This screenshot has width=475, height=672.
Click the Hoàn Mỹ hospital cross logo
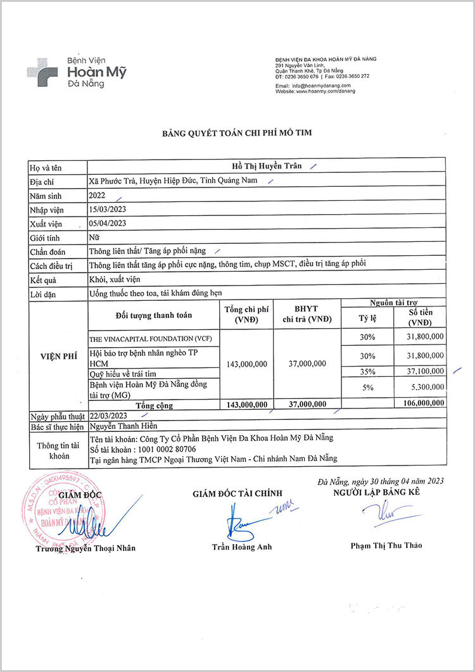coord(42,68)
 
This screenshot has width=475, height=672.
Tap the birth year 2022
coord(98,196)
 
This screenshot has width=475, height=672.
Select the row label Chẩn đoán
coord(47,251)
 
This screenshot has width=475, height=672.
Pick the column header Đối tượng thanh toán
coord(154,315)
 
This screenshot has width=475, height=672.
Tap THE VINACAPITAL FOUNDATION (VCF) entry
coord(150,339)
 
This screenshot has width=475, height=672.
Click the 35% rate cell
coord(367,371)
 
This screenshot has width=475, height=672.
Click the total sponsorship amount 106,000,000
coord(419,403)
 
